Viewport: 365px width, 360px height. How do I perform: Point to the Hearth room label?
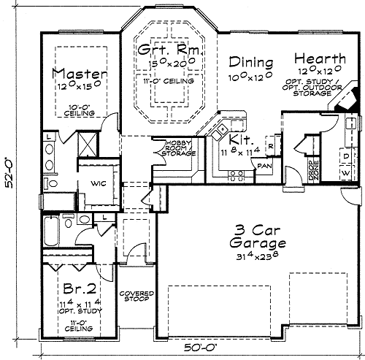pos(320,58)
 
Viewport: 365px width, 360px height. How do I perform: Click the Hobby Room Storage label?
pos(178,148)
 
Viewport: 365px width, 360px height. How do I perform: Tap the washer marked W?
pos(345,172)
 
